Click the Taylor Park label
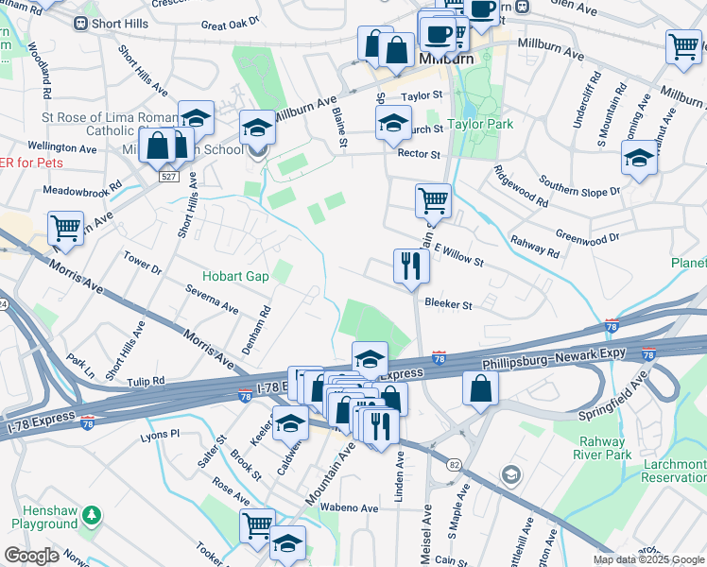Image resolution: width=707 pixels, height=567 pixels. tap(479, 124)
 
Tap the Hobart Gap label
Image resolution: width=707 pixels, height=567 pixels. tap(235, 277)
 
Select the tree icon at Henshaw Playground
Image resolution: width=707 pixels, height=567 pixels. tap(92, 516)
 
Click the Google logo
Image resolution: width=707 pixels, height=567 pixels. tap(31, 556)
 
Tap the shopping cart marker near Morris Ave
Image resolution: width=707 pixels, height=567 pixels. tap(65, 229)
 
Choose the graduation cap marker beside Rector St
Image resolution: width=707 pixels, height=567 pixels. tap(393, 123)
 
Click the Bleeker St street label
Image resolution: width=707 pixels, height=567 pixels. tap(448, 304)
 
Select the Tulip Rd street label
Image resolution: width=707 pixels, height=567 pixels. tap(147, 381)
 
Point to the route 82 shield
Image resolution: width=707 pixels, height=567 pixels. tap(455, 465)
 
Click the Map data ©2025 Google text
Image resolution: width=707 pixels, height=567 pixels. tap(647, 559)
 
